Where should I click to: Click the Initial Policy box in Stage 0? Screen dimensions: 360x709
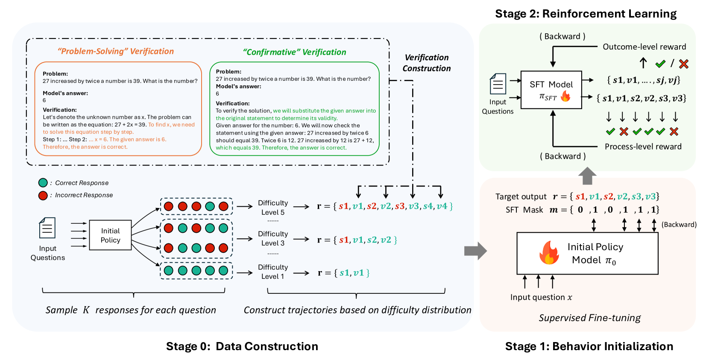(110, 235)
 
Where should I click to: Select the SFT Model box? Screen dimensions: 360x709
(551, 90)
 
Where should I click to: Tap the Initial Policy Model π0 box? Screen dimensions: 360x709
(587, 253)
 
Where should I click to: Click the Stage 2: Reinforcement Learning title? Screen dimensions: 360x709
(586, 14)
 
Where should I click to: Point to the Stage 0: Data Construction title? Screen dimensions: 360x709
(242, 346)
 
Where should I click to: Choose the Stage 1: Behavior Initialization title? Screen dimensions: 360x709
(589, 346)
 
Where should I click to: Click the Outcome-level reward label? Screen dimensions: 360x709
(644, 47)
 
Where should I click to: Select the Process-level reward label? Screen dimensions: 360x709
(643, 146)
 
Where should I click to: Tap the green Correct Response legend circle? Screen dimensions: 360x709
(43, 183)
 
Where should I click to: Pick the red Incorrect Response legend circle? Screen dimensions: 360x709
(43, 196)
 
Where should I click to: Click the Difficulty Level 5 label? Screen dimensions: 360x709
(273, 208)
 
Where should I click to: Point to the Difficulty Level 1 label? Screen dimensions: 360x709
(273, 272)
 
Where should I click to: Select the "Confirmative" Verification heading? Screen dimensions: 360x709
(294, 52)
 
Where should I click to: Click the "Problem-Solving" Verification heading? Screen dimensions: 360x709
(116, 51)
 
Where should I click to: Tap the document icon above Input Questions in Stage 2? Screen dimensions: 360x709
(498, 84)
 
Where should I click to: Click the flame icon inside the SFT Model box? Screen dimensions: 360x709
(565, 97)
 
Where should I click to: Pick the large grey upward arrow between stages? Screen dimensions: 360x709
(587, 176)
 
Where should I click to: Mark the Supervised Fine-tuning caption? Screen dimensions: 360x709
(589, 318)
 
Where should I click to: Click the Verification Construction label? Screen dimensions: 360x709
(426, 63)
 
